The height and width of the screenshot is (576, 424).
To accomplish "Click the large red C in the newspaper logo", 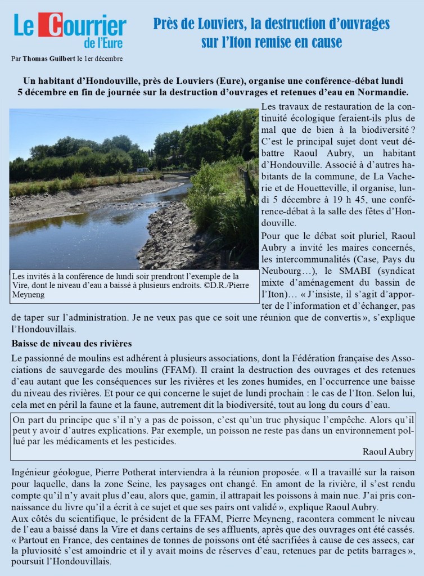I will (x=51, y=25).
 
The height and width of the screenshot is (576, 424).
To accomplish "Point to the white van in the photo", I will (x=143, y=170).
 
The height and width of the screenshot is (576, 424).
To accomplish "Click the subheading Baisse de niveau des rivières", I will (x=71, y=343).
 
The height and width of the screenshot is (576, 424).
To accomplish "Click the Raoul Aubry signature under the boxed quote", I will (x=388, y=452).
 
